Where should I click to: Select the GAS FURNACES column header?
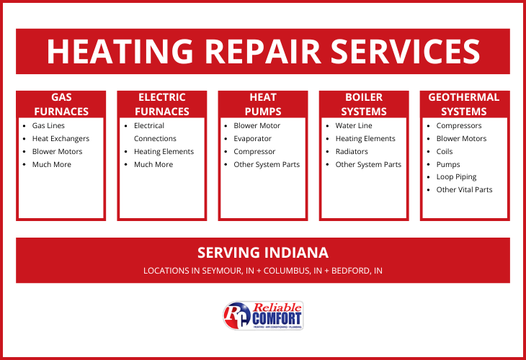(x=61, y=104)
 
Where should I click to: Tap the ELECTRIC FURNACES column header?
(x=161, y=104)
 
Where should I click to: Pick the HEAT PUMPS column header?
(x=262, y=104)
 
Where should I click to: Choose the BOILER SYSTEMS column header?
(x=364, y=104)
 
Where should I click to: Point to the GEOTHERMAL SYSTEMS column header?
(x=464, y=104)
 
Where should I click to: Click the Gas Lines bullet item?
(x=48, y=126)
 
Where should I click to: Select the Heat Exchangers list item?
(x=61, y=139)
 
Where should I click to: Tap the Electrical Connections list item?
(x=155, y=132)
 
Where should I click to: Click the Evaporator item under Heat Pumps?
(x=252, y=139)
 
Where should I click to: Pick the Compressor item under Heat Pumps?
(x=254, y=152)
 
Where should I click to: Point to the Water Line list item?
(x=354, y=126)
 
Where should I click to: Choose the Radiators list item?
(x=352, y=152)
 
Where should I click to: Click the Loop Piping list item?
(x=456, y=177)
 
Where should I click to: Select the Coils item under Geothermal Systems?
(x=445, y=152)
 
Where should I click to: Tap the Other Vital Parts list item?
(x=464, y=190)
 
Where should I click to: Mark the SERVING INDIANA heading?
(x=263, y=253)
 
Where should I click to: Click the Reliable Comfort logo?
(x=263, y=315)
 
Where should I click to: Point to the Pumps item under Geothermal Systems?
(x=448, y=165)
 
